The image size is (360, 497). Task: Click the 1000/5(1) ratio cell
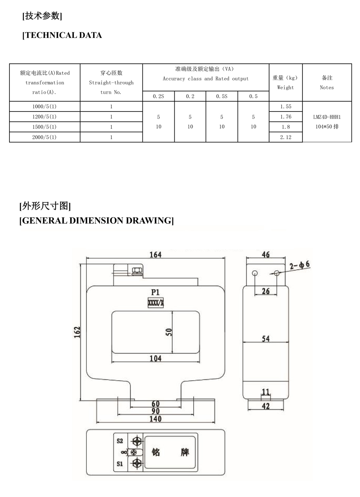tap(44, 107)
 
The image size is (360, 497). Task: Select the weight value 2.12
tap(286, 137)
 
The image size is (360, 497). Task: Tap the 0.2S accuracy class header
tap(158, 96)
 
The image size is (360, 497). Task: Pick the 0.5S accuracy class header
tap(222, 96)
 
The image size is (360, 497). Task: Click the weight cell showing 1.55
tap(286, 107)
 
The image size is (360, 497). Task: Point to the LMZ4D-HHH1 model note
tap(327, 117)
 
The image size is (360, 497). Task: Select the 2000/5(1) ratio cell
tap(44, 137)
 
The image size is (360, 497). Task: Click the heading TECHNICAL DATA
tap(63, 35)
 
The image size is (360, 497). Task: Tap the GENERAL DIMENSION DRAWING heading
tap(97, 221)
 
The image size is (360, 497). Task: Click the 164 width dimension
tap(155, 254)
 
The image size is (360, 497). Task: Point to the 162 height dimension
tap(77, 332)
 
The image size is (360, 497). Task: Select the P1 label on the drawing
tap(155, 292)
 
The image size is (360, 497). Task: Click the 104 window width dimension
tap(155, 358)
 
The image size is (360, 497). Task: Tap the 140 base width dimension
tap(155, 419)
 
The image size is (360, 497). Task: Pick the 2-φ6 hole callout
tap(300, 265)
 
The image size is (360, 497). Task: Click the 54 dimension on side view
tap(266, 338)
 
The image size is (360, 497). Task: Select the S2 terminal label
tap(120, 441)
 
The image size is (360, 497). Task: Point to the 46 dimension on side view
tap(266, 254)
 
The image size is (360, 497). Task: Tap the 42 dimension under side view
tap(266, 406)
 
